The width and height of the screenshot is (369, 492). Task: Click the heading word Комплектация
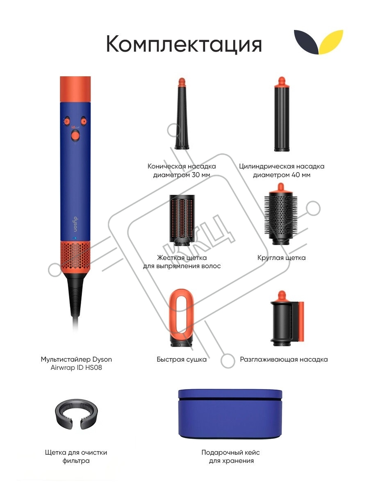point(184,44)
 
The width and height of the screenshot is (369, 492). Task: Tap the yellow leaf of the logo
point(331,41)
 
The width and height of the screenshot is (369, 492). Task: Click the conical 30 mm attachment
point(182,114)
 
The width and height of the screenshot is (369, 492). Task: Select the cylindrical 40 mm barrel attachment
point(282,114)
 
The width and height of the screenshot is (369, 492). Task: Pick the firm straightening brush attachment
point(182,220)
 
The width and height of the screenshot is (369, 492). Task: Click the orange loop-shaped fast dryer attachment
point(182,317)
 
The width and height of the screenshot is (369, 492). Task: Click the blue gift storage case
point(230,414)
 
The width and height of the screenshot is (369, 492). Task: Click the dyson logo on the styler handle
point(75,224)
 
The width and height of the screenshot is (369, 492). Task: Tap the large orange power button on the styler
point(75,135)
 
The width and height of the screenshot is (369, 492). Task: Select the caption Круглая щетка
point(281,258)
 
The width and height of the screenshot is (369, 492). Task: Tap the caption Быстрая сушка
point(182,360)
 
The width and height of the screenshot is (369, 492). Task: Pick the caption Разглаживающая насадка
point(284,360)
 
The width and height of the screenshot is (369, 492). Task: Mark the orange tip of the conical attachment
point(182,82)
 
